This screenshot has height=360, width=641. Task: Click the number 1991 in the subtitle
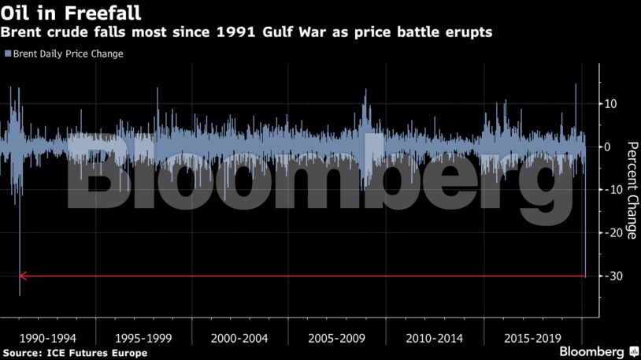[218, 33]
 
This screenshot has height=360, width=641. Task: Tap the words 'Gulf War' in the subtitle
[272, 33]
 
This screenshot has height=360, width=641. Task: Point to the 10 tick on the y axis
[610, 104]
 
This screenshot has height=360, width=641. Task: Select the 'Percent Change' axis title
[631, 189]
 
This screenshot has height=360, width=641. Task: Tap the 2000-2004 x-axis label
[240, 338]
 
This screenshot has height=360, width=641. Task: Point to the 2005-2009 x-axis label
[337, 338]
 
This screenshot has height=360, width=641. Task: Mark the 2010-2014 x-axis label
[434, 338]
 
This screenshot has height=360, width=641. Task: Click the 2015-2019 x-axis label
[532, 338]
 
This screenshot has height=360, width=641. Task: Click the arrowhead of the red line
[23, 276]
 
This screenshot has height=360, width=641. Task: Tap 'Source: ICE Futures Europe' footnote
[75, 353]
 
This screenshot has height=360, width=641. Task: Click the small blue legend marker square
[7, 54]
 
